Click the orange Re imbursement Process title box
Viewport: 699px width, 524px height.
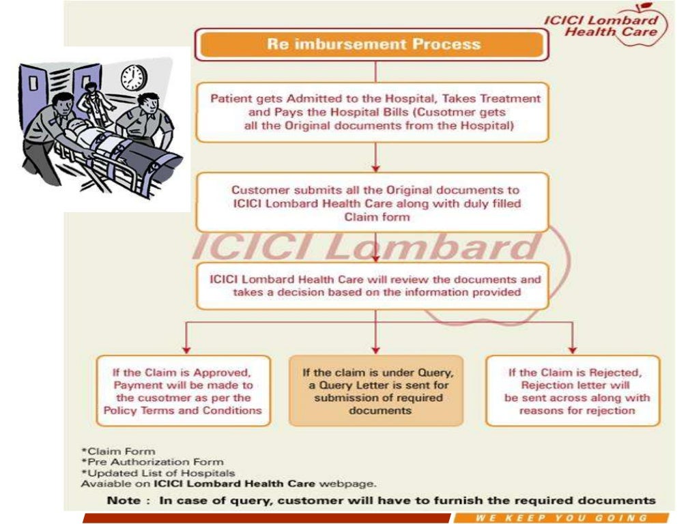373,45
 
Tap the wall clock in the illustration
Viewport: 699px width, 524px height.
133,77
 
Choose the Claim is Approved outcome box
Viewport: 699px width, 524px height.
183,391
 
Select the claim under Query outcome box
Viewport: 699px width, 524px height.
377,391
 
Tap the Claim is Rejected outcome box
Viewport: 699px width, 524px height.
573,391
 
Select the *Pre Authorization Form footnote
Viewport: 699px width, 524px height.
152,462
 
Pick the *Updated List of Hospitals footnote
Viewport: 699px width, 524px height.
158,473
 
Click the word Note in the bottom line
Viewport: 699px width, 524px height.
124,500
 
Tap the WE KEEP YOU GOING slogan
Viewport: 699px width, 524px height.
560,518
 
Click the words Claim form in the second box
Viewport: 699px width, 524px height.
377,217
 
